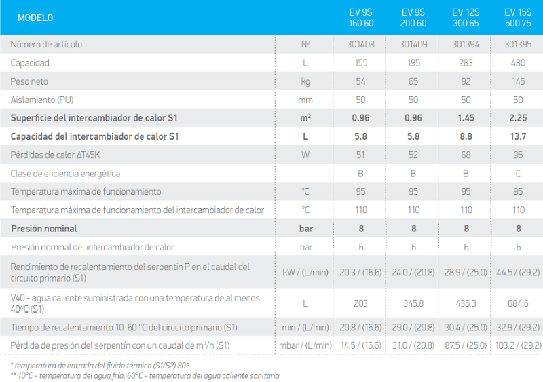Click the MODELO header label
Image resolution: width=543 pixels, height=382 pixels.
[35, 18]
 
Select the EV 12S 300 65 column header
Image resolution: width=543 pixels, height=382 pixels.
[466, 18]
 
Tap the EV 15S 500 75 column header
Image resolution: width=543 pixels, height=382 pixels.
[518, 18]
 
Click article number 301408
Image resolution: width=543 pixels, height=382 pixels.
[361, 44]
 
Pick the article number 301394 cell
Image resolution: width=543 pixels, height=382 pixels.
[466, 44]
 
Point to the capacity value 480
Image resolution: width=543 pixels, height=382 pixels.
[518, 63]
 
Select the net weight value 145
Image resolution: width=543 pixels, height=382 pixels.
[519, 81]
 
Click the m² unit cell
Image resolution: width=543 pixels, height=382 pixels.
[305, 118]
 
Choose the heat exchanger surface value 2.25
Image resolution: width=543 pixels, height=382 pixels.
[518, 118]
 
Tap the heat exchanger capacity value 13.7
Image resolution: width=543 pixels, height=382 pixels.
[518, 136]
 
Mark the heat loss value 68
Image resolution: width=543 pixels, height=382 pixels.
[466, 155]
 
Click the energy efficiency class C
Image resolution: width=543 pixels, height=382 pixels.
[518, 173]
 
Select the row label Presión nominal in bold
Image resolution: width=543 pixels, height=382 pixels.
[44, 229]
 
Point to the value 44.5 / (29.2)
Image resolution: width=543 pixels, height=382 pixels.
[518, 273]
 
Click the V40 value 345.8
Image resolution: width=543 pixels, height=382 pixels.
[413, 303]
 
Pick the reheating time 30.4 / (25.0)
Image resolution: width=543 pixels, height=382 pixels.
[466, 327]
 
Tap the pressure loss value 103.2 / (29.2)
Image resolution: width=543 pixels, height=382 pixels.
[519, 345]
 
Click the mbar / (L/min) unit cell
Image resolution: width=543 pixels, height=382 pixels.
[305, 345]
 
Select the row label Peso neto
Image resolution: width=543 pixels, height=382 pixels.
[29, 81]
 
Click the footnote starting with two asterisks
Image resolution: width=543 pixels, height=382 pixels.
[145, 375]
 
